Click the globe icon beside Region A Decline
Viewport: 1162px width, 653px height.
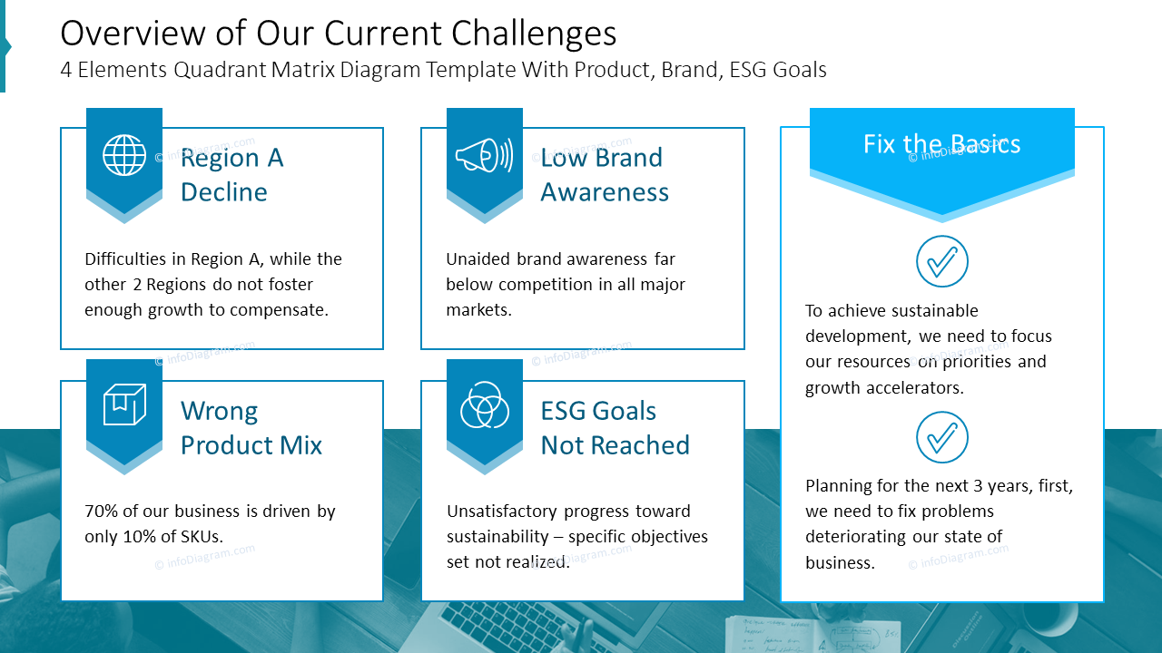(124, 155)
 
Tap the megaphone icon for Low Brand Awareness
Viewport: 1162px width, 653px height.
(484, 155)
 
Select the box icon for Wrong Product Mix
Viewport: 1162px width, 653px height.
(124, 405)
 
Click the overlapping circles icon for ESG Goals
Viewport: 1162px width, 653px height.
(484, 405)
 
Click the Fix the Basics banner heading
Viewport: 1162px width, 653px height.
(941, 144)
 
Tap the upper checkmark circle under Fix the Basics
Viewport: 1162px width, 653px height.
(942, 262)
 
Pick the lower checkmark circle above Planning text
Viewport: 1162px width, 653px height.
(942, 437)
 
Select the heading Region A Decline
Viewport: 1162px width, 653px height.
(231, 174)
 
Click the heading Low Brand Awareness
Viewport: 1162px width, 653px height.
(604, 174)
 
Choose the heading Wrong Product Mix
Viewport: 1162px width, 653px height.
(251, 428)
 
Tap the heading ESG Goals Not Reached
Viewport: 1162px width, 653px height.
(615, 428)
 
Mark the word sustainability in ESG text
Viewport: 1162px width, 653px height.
(497, 537)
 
